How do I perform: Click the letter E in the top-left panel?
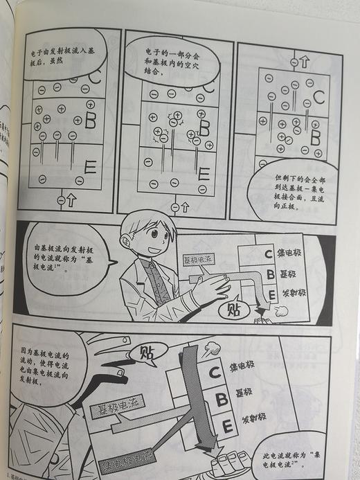tap(90, 167)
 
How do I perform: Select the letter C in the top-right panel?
tap(318, 98)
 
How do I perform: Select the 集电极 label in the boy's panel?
tap(294, 251)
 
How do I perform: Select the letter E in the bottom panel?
tap(227, 425)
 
